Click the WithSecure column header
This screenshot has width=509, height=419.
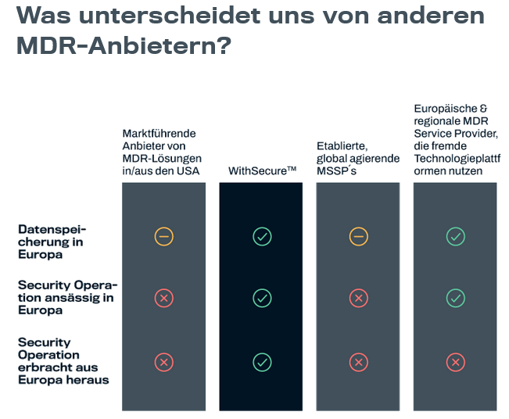tap(262, 170)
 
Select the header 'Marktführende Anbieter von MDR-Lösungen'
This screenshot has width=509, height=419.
tap(161, 152)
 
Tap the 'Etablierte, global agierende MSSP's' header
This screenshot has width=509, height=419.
tap(353, 158)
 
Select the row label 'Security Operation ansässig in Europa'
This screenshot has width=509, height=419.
tap(66, 297)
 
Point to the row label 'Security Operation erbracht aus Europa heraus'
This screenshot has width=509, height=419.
tap(63, 361)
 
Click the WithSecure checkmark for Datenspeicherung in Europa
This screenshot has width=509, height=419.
tap(262, 236)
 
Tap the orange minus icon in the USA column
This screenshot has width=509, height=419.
tap(163, 236)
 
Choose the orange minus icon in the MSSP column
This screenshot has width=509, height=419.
tap(358, 236)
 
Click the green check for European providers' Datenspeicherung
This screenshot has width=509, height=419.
tap(455, 236)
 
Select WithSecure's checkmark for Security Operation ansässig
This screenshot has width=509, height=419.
tap(262, 298)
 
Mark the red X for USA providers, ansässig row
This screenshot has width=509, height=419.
tap(163, 298)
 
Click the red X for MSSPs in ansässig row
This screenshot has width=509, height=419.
tap(358, 298)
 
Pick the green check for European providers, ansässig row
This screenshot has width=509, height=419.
tap(455, 298)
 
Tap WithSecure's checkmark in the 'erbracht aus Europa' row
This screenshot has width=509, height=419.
tap(262, 362)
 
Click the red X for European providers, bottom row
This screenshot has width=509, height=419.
tap(455, 362)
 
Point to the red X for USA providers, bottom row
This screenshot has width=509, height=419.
tap(163, 362)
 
